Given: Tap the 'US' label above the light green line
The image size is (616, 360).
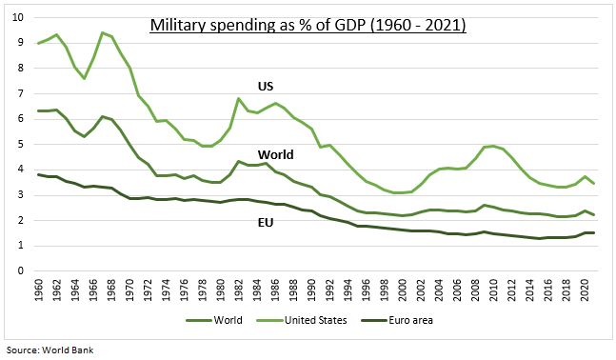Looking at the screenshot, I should [x=267, y=87].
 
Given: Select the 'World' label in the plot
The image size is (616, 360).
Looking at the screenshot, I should [x=275, y=154].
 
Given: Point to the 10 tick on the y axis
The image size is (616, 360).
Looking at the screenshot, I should [x=18, y=18].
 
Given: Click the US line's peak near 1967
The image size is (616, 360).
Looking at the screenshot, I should [x=102, y=32].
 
